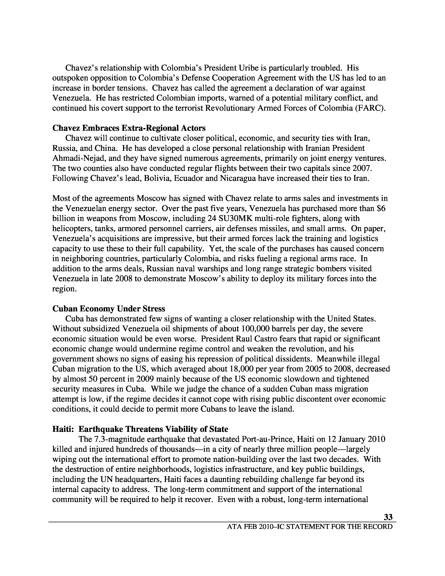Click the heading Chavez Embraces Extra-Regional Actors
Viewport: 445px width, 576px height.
[129, 128]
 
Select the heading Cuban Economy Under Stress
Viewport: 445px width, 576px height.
[109, 309]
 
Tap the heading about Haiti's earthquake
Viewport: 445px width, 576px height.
[140, 429]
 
